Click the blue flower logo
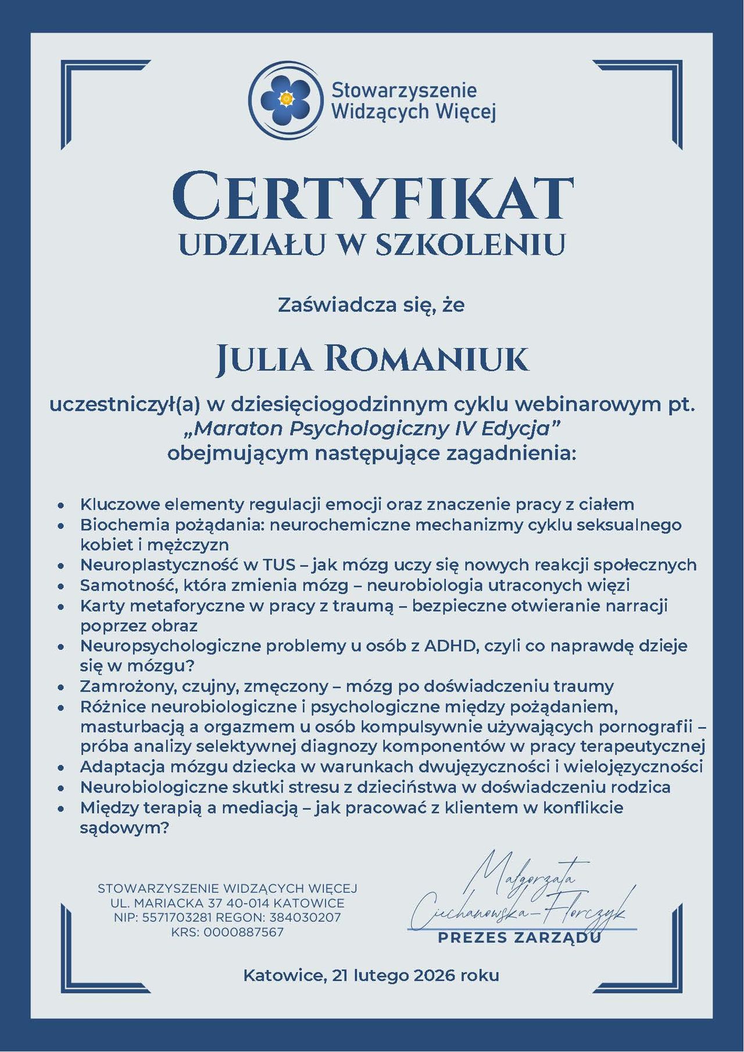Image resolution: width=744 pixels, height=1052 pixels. tap(285, 99)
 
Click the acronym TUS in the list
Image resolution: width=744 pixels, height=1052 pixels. tap(279, 564)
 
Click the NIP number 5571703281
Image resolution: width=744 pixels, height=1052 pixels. tap(178, 918)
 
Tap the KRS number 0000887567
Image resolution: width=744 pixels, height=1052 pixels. tap(244, 932)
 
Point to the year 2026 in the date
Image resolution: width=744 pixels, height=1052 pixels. tap(435, 975)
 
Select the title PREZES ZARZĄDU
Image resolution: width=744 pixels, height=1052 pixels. tap(519, 938)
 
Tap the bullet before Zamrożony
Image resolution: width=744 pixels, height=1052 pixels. tap(61, 688)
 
